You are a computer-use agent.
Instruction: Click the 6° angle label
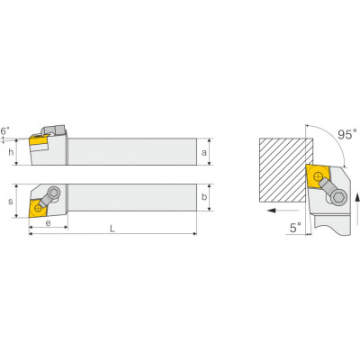[5, 130]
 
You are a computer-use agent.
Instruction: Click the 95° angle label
[347, 134]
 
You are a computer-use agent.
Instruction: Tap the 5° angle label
[295, 228]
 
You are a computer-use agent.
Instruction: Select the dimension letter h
[11, 152]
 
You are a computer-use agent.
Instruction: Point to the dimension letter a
[204, 153]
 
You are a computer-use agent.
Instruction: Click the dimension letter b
[204, 197]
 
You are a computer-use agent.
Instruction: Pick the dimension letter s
[11, 202]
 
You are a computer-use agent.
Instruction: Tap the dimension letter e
[48, 222]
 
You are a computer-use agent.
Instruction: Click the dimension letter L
[112, 229]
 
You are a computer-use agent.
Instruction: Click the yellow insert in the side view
[40, 141]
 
